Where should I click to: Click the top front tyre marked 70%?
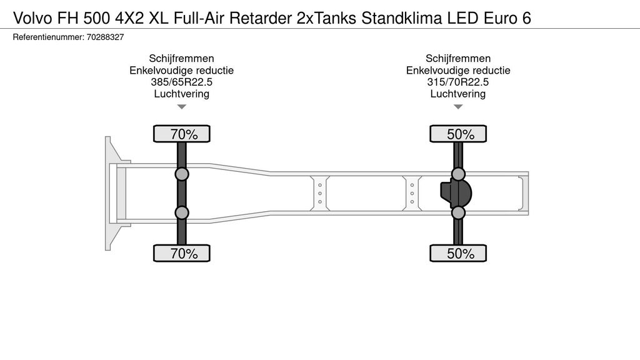182,134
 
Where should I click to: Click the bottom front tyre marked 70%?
182,253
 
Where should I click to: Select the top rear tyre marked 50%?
458,134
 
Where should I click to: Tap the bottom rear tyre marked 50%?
458,253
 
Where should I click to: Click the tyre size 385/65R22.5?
182,82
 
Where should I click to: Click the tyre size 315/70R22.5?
458,82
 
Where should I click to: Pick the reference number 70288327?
105,37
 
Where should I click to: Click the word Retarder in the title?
261,18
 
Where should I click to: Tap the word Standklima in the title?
402,18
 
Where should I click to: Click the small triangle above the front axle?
182,107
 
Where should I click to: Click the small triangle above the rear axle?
458,107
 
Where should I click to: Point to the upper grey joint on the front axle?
182,174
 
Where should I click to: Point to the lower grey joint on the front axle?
182,212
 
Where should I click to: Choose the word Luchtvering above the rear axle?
458,94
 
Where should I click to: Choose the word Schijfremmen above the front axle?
182,58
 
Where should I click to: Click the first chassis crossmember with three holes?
319,194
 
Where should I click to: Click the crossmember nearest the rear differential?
412,194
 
